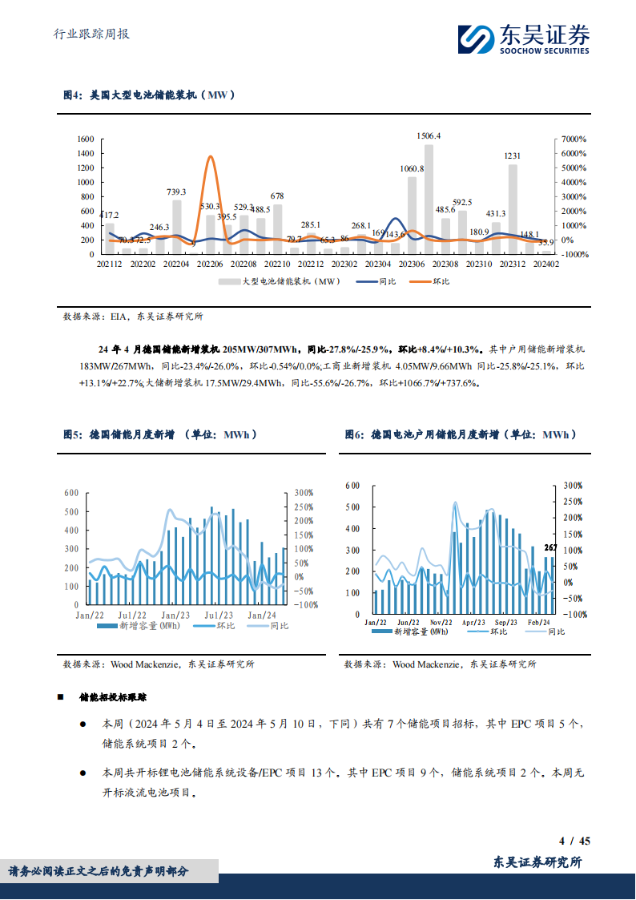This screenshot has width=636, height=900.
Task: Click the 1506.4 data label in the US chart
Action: (429, 136)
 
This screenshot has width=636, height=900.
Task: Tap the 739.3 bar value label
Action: (176, 192)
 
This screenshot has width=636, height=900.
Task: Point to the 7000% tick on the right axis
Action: (574, 139)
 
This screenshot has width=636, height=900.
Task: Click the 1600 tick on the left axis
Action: (85, 139)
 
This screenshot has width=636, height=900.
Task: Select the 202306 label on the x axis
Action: (411, 264)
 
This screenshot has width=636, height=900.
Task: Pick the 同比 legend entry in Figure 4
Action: (377, 281)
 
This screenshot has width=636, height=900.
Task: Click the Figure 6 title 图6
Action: (353, 434)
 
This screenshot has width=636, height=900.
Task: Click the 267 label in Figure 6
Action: (550, 548)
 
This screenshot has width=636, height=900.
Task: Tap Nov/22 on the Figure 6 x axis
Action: (441, 622)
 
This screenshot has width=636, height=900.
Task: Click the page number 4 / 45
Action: (574, 841)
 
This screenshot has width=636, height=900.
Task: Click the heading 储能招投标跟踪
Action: (123, 698)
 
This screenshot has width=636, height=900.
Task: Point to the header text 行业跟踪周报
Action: (91, 34)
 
